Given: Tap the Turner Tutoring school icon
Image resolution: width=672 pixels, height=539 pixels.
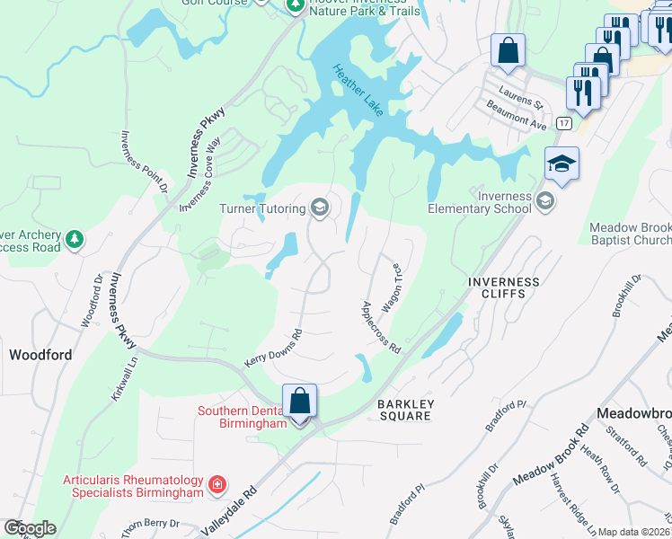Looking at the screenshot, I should pos(318,208).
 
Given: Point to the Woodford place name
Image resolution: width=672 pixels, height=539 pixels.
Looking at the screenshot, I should pos(40,355).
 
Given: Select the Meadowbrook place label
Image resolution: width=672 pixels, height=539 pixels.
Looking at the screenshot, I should pos(634,412).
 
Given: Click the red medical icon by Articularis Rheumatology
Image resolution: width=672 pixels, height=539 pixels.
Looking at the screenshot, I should pos(217,486).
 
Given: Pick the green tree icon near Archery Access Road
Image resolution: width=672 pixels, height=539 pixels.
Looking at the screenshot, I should pos(75,240).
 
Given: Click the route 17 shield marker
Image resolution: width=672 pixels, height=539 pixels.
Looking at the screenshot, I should pos(563,122).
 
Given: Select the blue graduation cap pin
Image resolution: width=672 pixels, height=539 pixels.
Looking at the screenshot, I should pos(561,165).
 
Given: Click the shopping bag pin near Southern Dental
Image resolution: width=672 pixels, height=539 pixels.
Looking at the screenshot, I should pos(299,402).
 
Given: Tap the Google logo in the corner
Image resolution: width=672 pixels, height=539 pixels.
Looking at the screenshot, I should pos(29,528).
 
